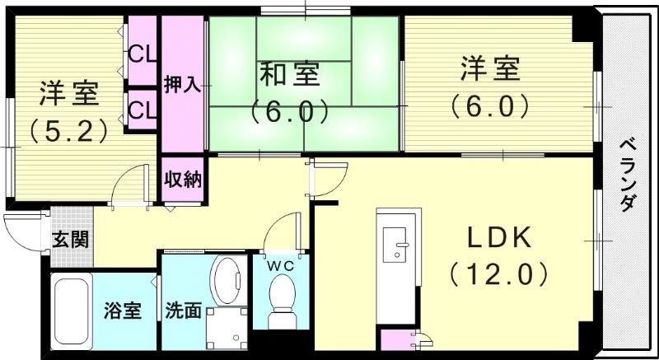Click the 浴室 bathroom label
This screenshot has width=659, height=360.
(x=122, y=311)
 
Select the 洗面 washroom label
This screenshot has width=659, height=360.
(x=183, y=311)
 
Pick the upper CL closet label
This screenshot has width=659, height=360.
(x=142, y=57)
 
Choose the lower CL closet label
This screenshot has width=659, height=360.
(x=142, y=108)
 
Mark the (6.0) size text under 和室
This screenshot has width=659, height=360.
(x=290, y=110)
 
